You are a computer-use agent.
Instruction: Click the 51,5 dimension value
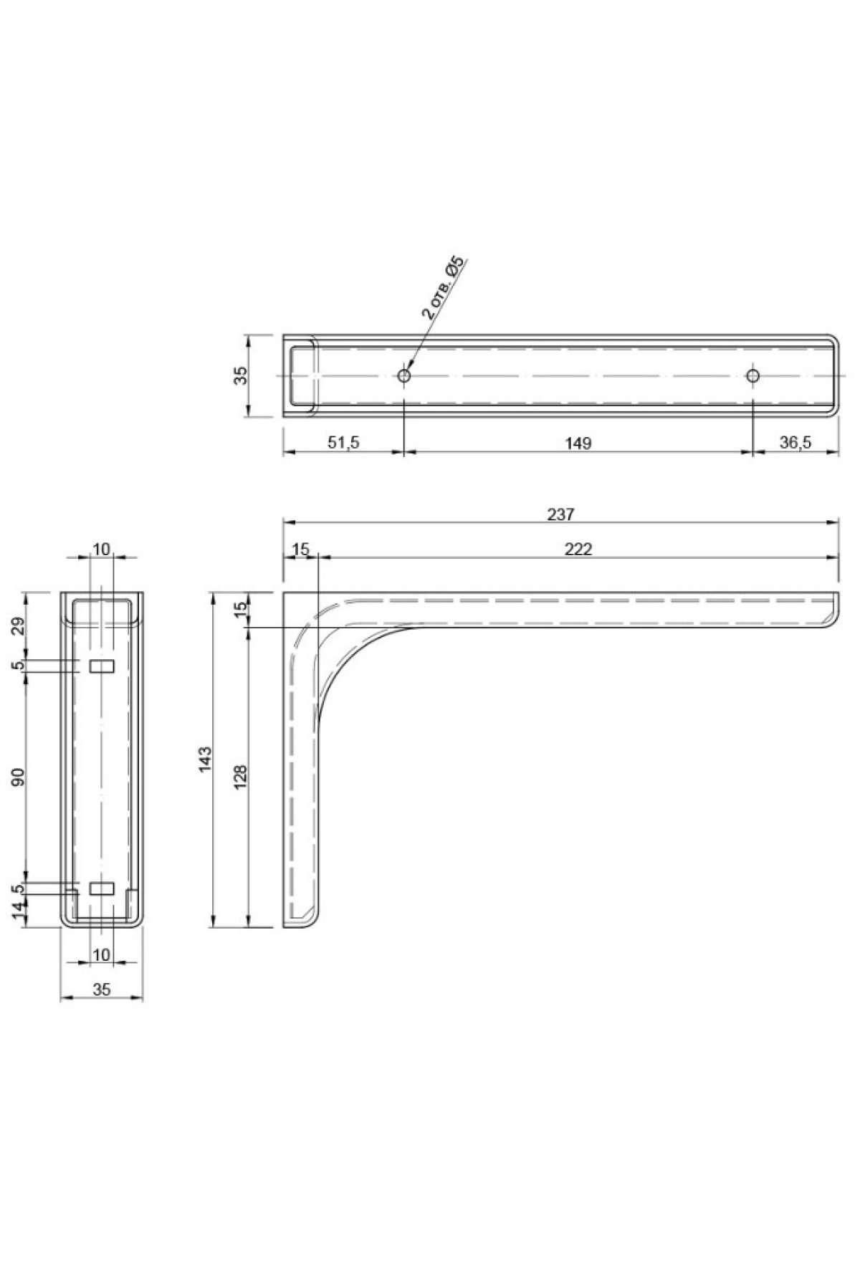[x=343, y=443]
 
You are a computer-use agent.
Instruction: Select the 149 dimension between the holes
[x=578, y=443]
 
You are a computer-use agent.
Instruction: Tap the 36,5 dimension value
[x=795, y=443]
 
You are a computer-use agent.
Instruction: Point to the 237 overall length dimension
[x=560, y=513]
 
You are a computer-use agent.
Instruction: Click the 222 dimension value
[x=578, y=548]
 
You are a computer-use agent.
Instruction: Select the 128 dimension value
[x=241, y=777]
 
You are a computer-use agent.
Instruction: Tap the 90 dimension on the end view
[x=19, y=776]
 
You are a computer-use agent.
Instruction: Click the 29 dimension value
[x=19, y=625]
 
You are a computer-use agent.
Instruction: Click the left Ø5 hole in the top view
[x=404, y=375]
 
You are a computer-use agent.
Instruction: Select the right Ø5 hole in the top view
[x=752, y=375]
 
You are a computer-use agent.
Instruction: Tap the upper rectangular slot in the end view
[x=101, y=666]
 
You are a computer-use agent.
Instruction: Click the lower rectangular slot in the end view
[x=101, y=888]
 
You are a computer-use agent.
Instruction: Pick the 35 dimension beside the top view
[x=241, y=375]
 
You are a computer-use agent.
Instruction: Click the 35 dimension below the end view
[x=102, y=989]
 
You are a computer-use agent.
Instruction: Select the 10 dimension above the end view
[x=102, y=549]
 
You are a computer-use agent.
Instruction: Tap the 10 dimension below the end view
[x=102, y=954]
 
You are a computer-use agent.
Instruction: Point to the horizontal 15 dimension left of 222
[x=300, y=548]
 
